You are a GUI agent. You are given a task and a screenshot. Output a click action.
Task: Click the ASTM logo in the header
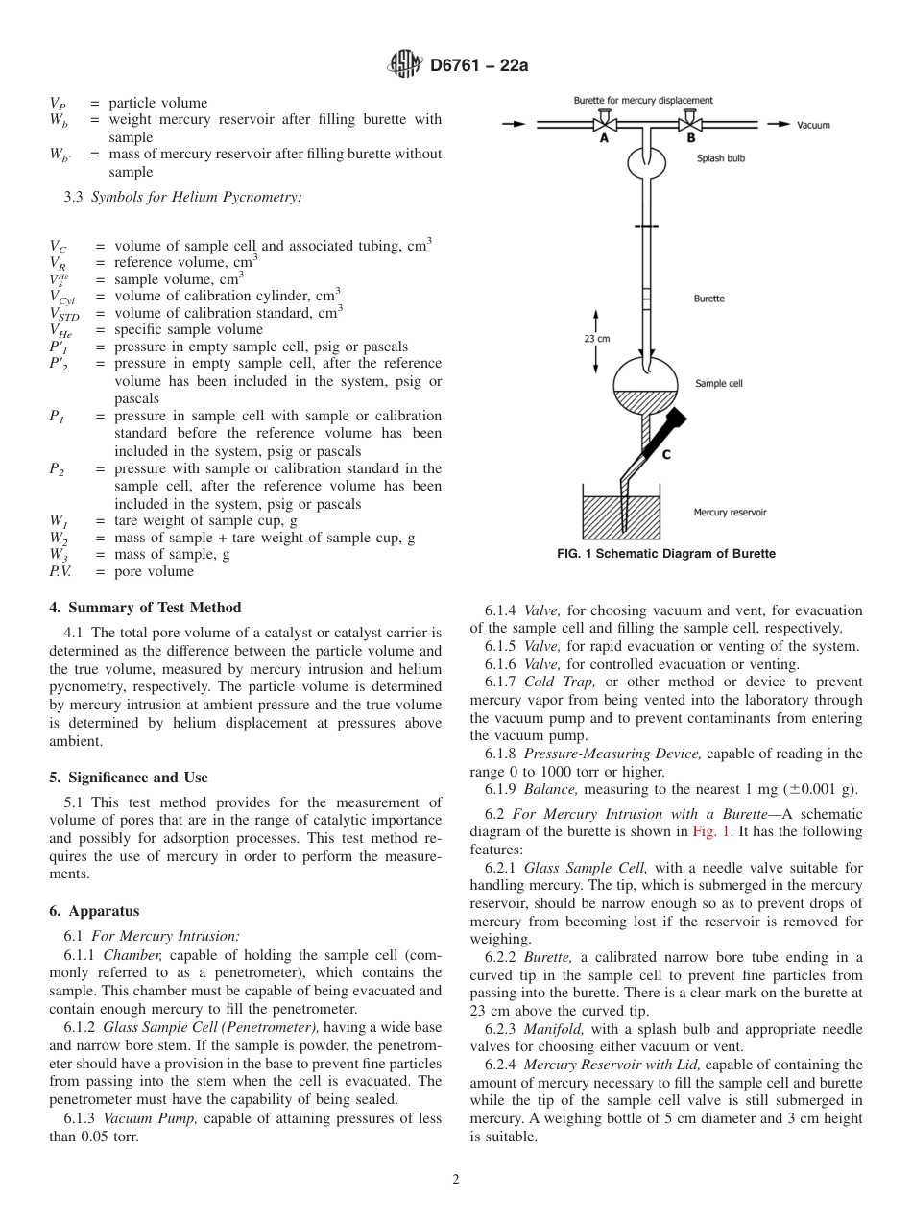(404, 65)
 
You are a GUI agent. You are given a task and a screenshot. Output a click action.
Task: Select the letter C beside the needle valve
(666, 455)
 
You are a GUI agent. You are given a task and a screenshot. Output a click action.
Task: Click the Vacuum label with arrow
(801, 125)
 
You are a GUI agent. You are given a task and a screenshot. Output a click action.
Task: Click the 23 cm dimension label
(596, 338)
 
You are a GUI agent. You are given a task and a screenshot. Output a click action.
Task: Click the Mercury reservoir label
(730, 513)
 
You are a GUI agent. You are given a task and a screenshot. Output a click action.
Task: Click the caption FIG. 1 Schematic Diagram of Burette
(666, 554)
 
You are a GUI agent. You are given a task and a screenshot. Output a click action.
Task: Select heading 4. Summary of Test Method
(145, 608)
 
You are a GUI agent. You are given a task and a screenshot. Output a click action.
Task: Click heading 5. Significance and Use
(128, 778)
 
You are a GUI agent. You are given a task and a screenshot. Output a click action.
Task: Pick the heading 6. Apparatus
(94, 911)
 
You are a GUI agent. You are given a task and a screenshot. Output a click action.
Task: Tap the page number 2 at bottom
(456, 1180)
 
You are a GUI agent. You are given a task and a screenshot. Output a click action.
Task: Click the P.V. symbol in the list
(63, 572)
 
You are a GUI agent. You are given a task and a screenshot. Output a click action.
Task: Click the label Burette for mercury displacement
(643, 100)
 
